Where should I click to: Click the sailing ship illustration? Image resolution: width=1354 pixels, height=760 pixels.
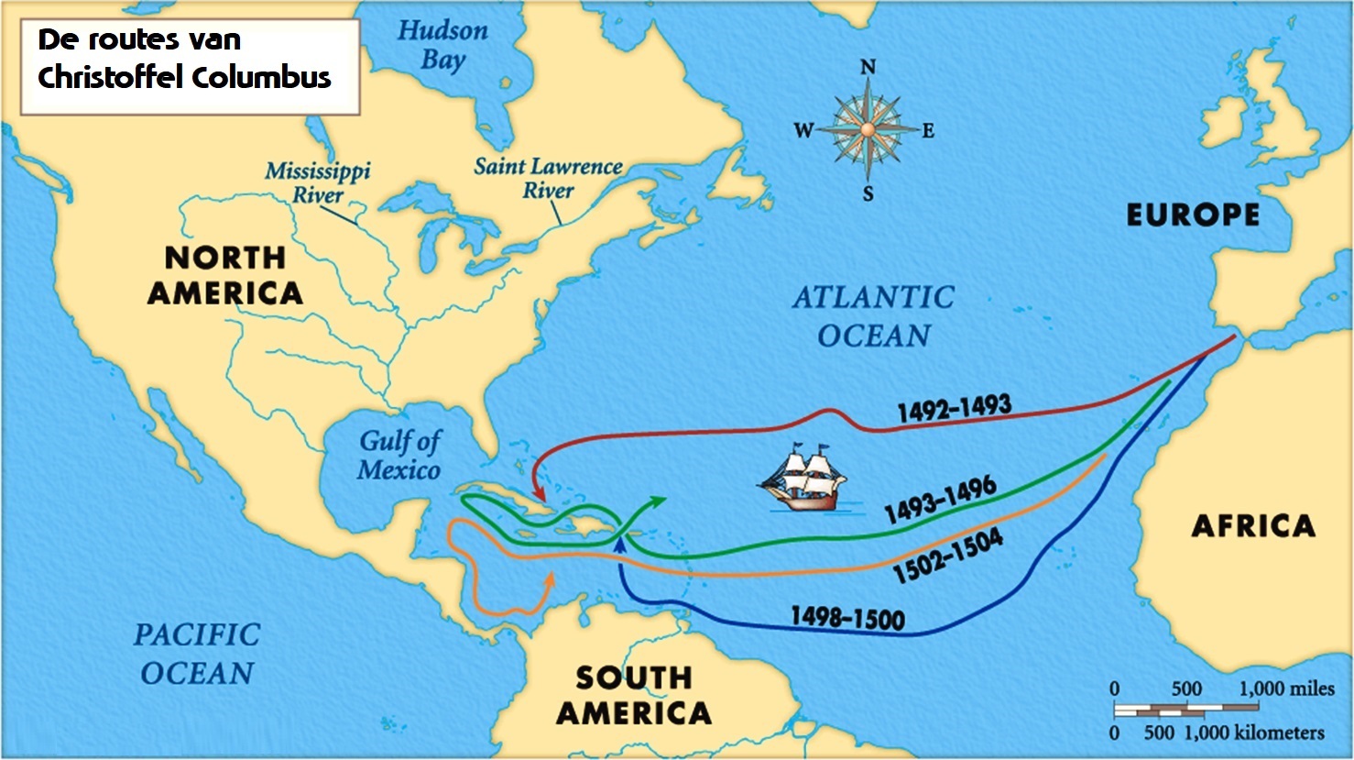(799, 479)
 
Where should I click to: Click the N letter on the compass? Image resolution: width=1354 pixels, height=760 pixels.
(868, 67)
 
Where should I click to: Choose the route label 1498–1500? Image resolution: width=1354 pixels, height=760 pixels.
(847, 618)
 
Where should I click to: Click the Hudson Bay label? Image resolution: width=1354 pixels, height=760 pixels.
(442, 45)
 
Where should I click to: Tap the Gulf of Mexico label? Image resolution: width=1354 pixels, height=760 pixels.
(399, 456)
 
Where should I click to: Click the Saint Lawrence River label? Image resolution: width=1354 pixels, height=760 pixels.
(548, 179)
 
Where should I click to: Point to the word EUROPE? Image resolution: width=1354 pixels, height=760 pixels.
(1193, 215)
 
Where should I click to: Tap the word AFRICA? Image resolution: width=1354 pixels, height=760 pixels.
(1252, 526)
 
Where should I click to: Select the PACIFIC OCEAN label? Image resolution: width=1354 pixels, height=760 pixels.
(197, 654)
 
